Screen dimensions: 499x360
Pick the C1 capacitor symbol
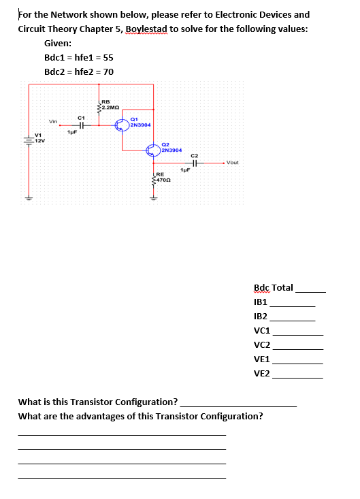81,125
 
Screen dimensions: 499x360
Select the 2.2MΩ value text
112,108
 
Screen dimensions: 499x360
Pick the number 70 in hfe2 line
108,71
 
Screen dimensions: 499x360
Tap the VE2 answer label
261,374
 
